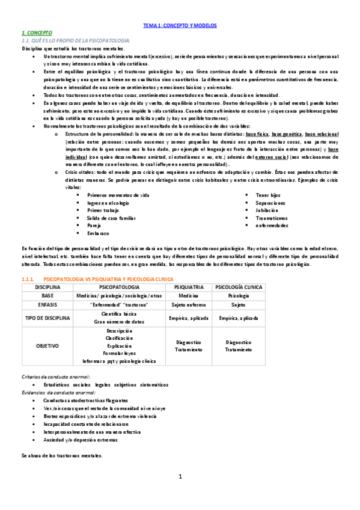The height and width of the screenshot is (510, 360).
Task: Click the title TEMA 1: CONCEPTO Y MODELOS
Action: tap(180, 26)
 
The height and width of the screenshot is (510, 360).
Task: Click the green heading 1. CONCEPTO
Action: tap(37, 32)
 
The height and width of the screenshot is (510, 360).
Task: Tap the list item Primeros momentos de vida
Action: tap(118, 195)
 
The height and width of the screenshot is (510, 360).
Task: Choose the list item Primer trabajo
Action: tap(104, 210)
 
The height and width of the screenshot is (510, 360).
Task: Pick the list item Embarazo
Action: tap(98, 232)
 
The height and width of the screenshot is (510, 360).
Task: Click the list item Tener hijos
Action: tap(269, 195)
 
